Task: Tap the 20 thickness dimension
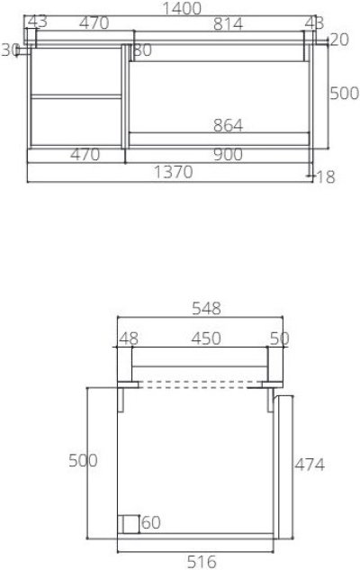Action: (x=338, y=39)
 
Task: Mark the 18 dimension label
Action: (x=325, y=176)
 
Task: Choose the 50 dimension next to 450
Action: (x=279, y=338)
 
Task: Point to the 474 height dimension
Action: (x=310, y=465)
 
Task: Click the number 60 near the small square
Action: (x=150, y=522)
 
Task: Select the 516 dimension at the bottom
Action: (x=201, y=562)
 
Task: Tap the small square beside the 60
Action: (x=129, y=523)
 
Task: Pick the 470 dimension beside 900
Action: (x=84, y=154)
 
